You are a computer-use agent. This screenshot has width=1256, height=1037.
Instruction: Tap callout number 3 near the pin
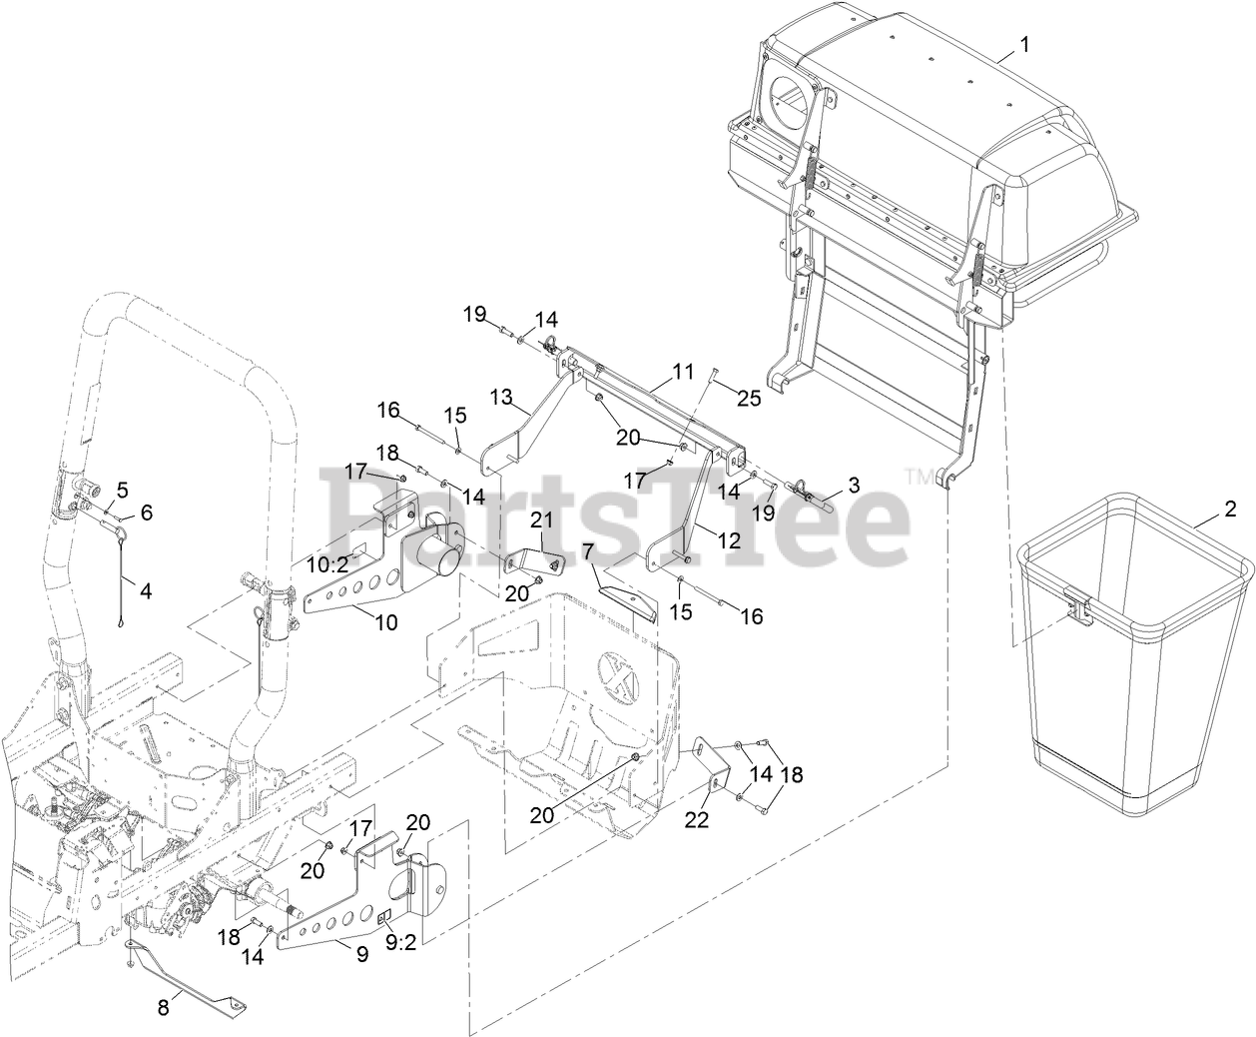click(x=853, y=486)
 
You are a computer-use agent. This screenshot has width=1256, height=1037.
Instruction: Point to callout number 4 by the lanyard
click(x=146, y=590)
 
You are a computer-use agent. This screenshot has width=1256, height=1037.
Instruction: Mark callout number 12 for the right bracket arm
click(x=730, y=540)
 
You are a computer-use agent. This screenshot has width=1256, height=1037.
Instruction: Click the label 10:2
click(x=326, y=564)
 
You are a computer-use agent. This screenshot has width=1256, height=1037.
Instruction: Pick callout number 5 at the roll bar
click(x=122, y=490)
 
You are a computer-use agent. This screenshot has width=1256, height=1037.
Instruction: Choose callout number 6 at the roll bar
click(x=146, y=512)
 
